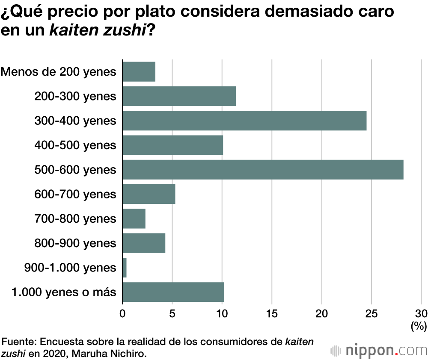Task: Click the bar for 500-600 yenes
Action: coord(263,170)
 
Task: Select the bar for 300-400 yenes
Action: coord(244,121)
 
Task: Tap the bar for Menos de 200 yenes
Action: coord(139,72)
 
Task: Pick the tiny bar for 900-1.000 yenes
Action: coord(125,268)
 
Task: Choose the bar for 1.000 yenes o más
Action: coord(173,292)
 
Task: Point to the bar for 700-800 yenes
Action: coord(134,218)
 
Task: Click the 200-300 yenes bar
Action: coord(179,96)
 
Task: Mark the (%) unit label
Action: coord(418,327)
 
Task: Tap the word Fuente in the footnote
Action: coord(19,342)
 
